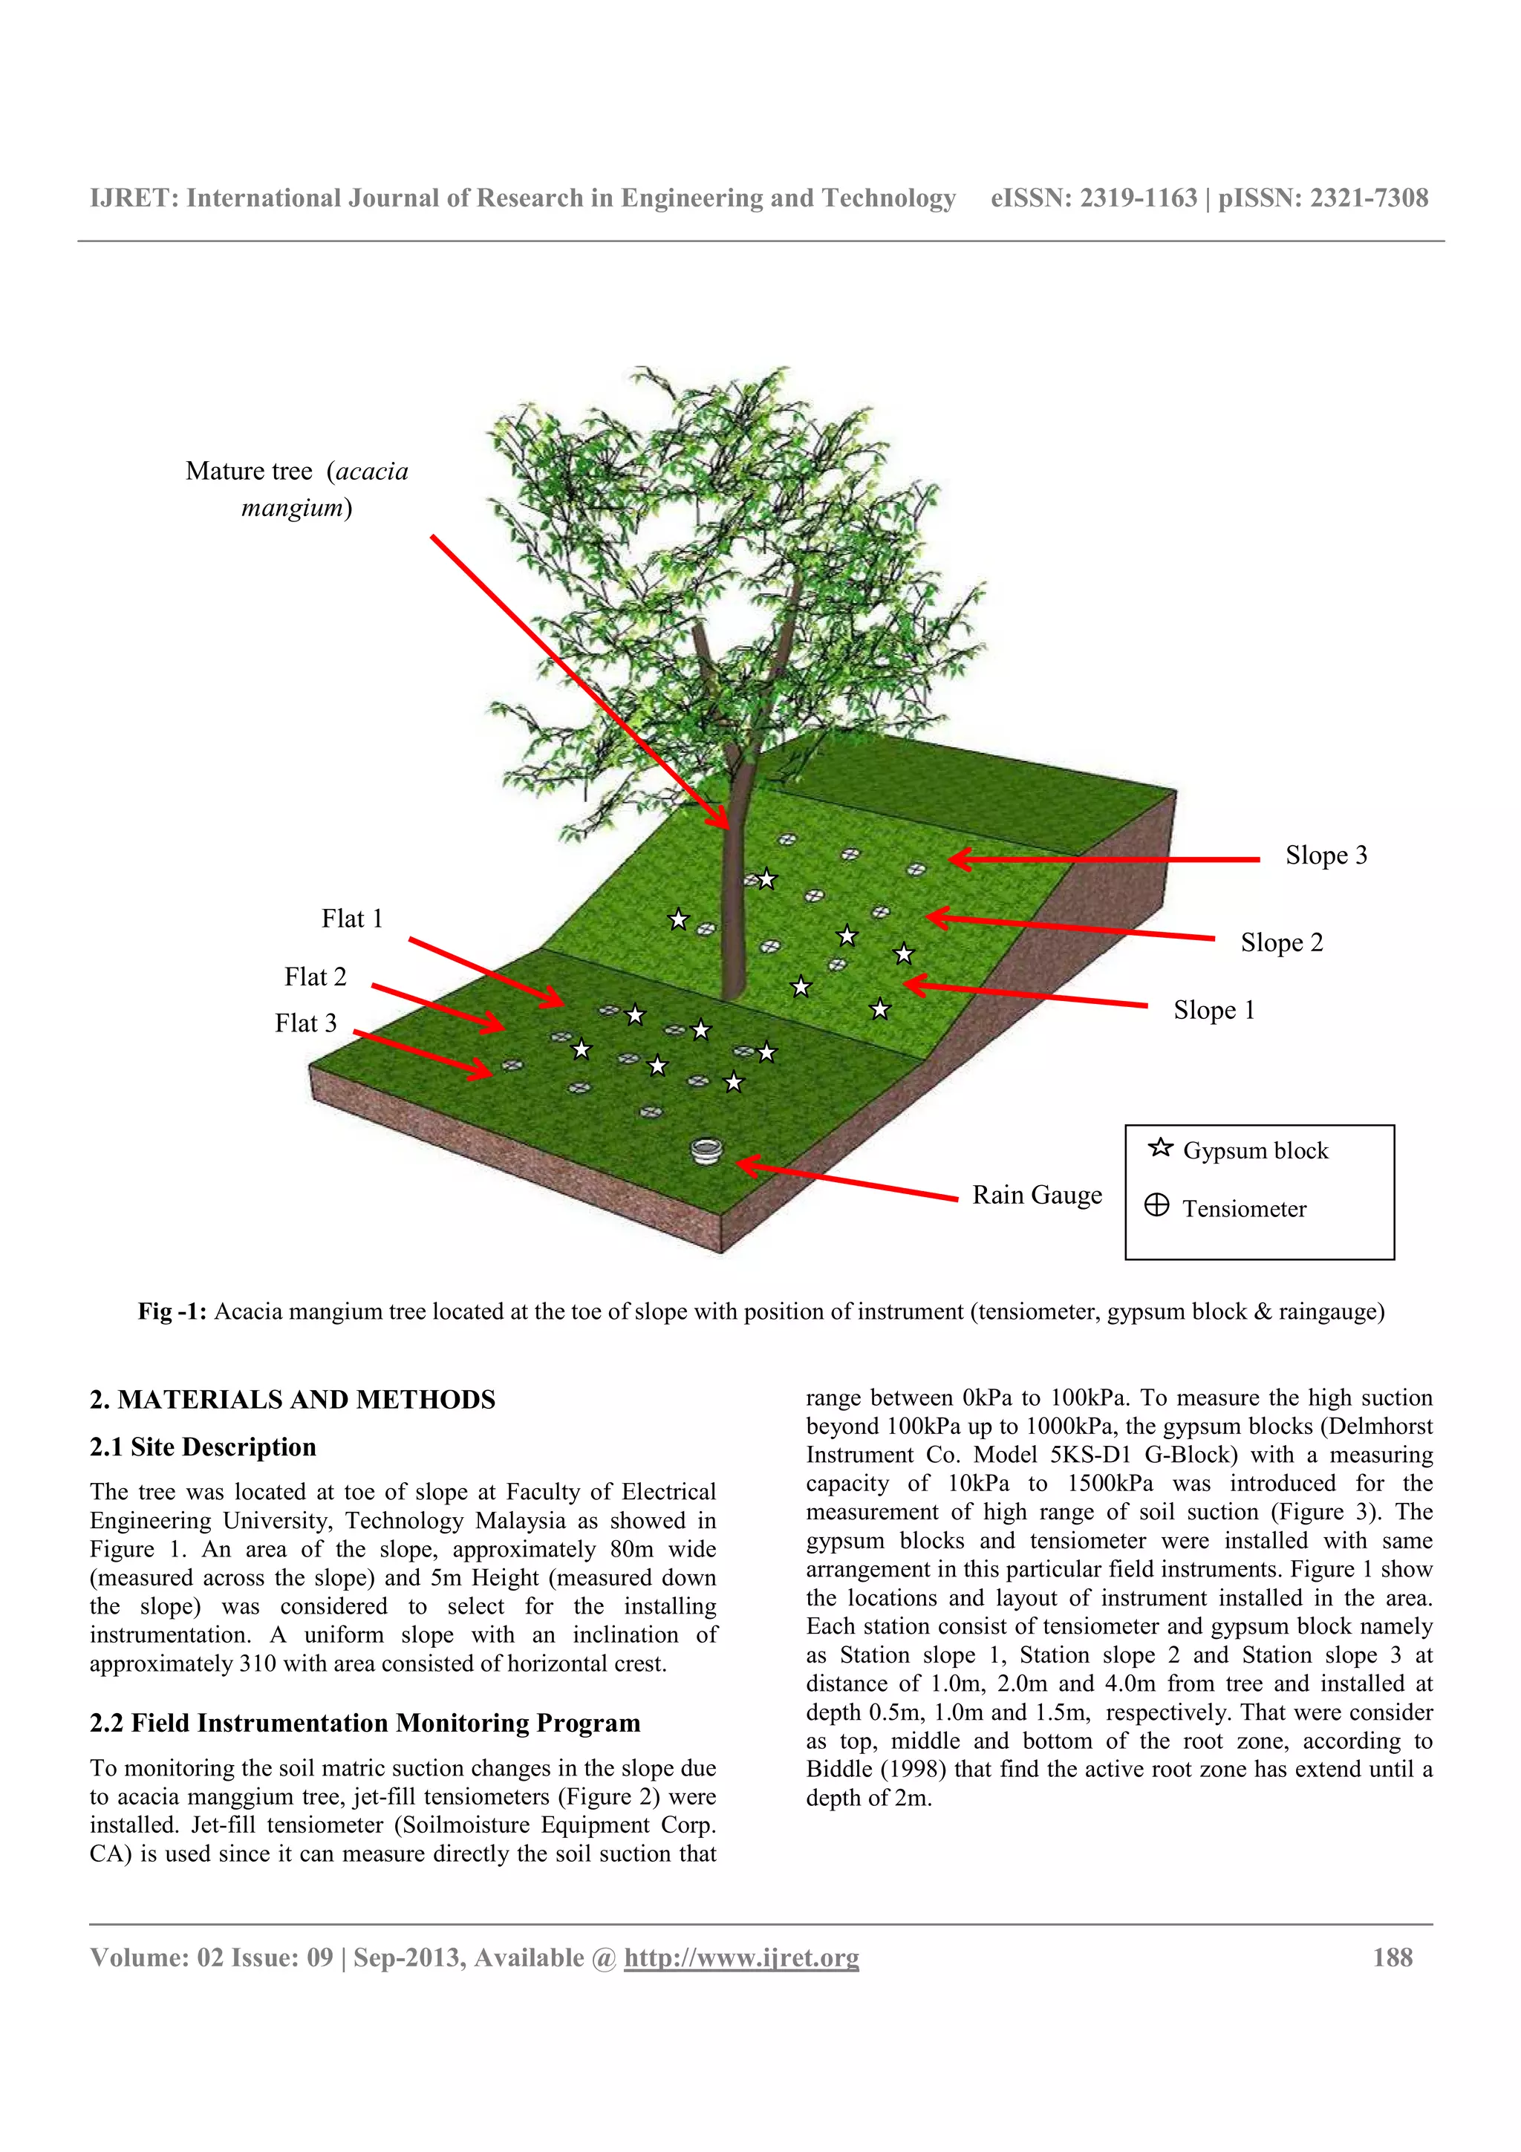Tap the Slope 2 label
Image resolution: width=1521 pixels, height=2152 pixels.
click(x=1281, y=942)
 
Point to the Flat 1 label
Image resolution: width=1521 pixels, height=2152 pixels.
click(x=351, y=919)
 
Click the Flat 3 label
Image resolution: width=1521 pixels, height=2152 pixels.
click(x=305, y=1023)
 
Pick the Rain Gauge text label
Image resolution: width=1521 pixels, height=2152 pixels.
click(x=1037, y=1195)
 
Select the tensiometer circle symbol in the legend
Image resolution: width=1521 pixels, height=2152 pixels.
click(x=1156, y=1205)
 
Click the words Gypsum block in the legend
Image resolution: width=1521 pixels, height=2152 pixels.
click(x=1255, y=1151)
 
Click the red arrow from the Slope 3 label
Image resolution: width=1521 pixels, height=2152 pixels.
click(x=1106, y=858)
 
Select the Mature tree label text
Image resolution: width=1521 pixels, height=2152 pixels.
click(x=297, y=489)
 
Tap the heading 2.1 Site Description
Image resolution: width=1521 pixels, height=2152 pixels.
click(x=203, y=1447)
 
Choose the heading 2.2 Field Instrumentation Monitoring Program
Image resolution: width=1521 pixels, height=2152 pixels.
click(x=365, y=1723)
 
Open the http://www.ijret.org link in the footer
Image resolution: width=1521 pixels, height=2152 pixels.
click(x=741, y=1958)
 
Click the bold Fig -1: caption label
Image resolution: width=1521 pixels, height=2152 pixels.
click(x=172, y=1311)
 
